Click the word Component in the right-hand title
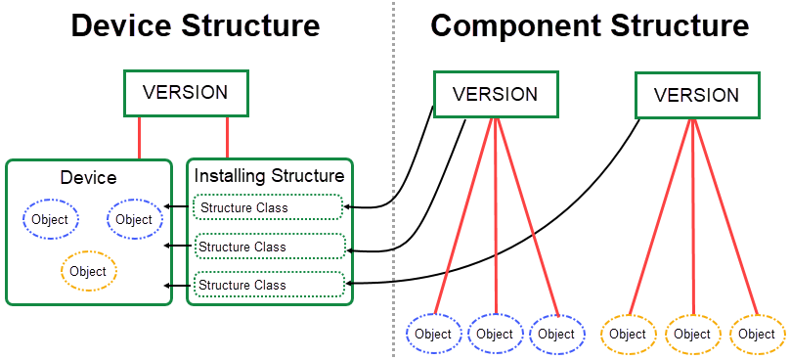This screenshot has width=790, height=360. point(509,26)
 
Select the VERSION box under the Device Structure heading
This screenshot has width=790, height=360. point(186,93)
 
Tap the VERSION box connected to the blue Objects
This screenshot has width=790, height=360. point(496,95)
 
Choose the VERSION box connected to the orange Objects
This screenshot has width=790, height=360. point(696,95)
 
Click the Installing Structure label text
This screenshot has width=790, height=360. point(269,176)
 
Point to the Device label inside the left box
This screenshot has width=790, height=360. point(88,177)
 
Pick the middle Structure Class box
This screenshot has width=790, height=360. point(270,247)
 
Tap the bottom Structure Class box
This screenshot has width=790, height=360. point(270,285)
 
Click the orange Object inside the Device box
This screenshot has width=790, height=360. point(89,271)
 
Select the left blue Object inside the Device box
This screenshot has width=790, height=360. point(50,219)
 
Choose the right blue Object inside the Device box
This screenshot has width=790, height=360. point(134,219)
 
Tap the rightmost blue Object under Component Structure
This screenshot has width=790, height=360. point(557,334)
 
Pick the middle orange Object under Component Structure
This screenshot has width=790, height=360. point(692,334)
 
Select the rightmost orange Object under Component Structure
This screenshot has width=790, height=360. point(757,334)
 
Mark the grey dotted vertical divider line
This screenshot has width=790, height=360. point(394,196)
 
